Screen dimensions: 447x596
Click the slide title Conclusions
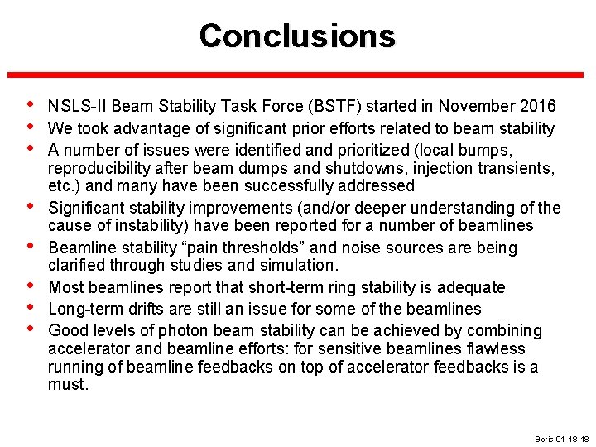tap(297, 36)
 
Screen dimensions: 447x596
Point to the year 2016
tap(538, 107)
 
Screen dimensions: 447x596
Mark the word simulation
tap(303, 266)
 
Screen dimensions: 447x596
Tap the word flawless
tap(497, 348)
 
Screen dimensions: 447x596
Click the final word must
tap(67, 385)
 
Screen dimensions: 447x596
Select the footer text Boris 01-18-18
tap(562, 438)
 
